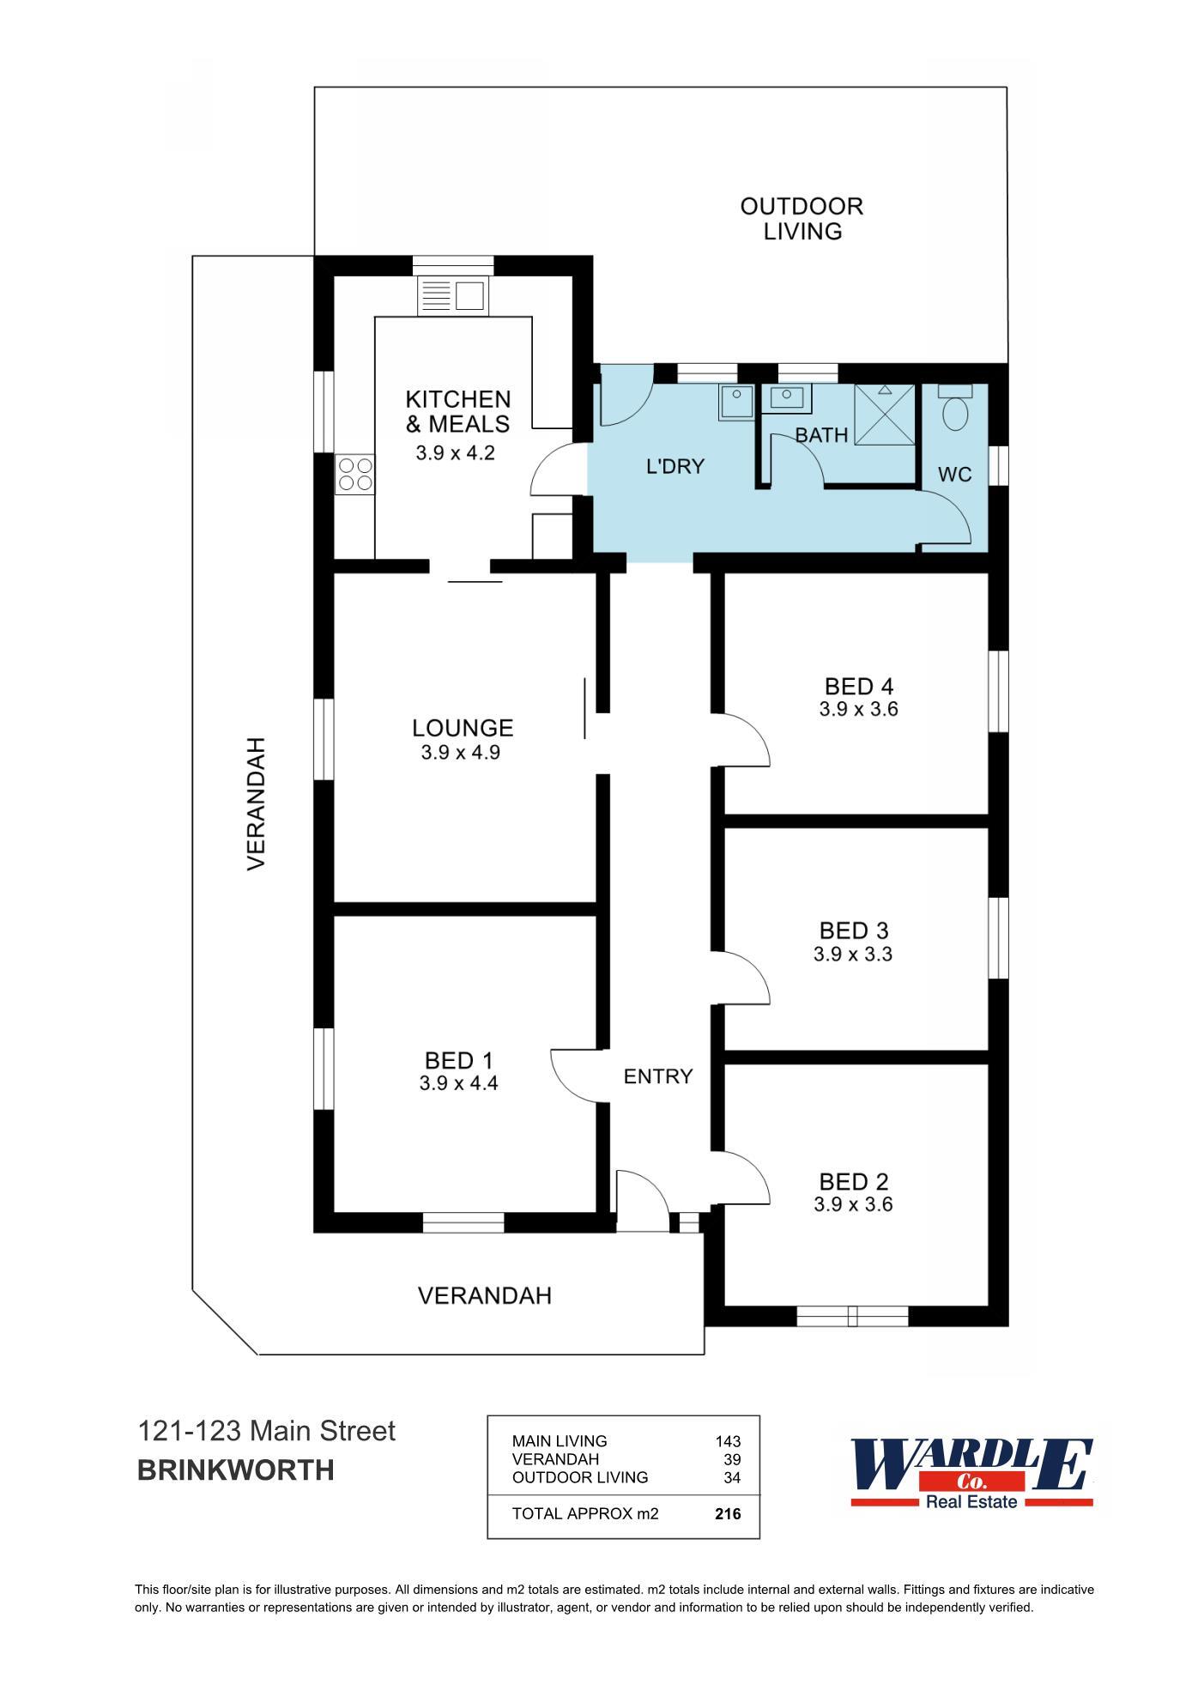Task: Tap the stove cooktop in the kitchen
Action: pos(355,474)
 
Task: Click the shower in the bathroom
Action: pos(885,415)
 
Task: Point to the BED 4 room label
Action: pos(858,687)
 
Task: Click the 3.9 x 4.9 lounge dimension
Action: pos(460,753)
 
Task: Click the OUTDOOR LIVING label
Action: pos(802,219)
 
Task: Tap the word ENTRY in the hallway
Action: pos(657,1076)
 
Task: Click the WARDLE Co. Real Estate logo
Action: pos(971,1474)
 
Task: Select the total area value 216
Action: pos(727,1514)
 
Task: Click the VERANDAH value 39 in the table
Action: pos(732,1459)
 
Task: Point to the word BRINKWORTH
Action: pos(235,1470)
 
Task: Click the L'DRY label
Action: pos(675,467)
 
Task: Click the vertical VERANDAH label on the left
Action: pos(257,803)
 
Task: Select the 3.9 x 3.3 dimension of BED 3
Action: pos(853,954)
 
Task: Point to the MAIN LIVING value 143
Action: pos(727,1441)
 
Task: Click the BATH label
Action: pos(821,435)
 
